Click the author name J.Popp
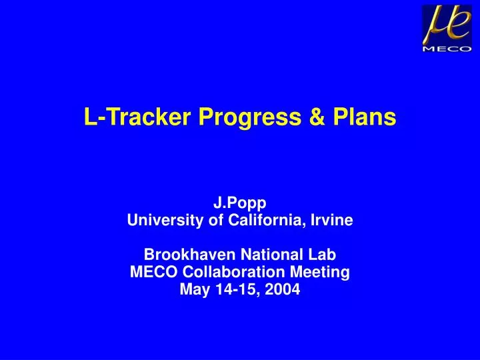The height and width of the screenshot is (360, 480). click(240, 204)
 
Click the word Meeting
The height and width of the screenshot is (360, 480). click(323, 272)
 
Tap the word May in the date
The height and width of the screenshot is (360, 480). click(194, 289)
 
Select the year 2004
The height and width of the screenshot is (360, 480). click(283, 289)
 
